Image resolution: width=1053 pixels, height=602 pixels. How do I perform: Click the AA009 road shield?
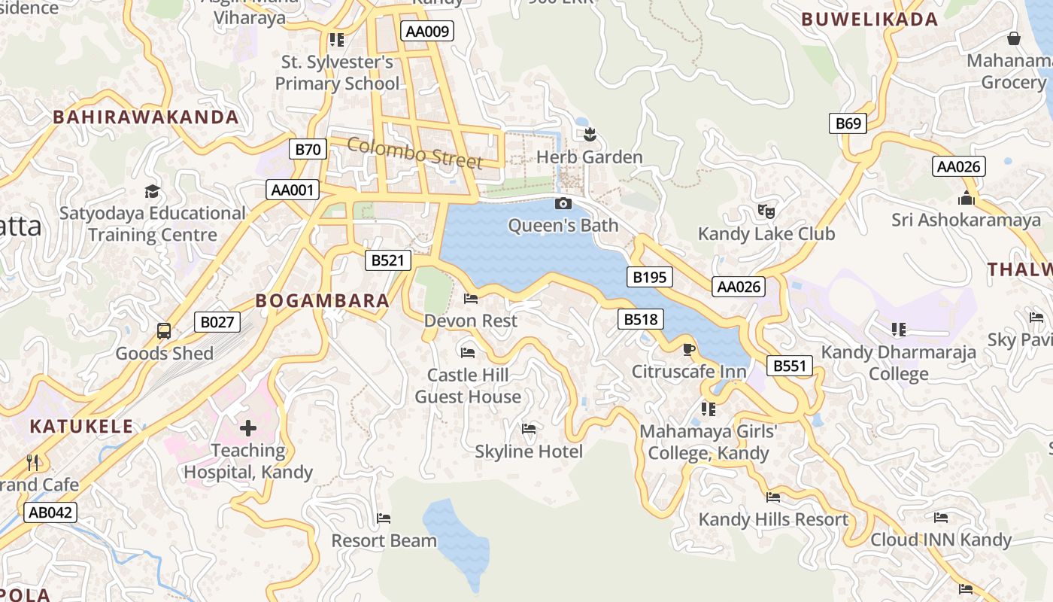click(428, 31)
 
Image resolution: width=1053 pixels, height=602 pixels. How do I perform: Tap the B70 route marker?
click(308, 149)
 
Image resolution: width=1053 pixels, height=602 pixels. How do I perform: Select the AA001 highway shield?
click(293, 190)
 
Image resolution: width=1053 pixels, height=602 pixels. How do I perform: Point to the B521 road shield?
click(389, 260)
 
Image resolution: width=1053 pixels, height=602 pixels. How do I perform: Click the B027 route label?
click(217, 322)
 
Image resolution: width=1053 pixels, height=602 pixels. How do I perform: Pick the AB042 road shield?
click(50, 512)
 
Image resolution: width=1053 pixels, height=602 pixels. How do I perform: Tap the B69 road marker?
click(848, 123)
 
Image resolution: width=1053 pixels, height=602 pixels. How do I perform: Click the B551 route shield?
click(790, 366)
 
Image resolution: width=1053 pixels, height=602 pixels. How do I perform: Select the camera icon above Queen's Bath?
click(563, 203)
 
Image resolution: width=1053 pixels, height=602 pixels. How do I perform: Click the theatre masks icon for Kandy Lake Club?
click(766, 211)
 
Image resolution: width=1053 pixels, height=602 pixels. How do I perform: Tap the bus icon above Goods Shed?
click(163, 330)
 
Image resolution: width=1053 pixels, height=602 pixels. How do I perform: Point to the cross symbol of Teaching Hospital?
click(248, 428)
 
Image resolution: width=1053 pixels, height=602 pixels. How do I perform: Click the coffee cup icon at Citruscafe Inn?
click(688, 349)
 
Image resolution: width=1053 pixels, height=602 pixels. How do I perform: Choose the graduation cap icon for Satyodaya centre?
click(153, 191)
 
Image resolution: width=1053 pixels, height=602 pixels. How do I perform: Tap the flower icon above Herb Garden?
click(590, 135)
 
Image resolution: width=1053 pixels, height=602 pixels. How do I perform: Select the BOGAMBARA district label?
click(323, 301)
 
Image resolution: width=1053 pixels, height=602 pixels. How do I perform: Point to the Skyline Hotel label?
click(529, 451)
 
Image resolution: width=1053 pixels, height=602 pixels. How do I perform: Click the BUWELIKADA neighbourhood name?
click(869, 20)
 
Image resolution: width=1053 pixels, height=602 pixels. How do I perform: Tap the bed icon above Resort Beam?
click(384, 518)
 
